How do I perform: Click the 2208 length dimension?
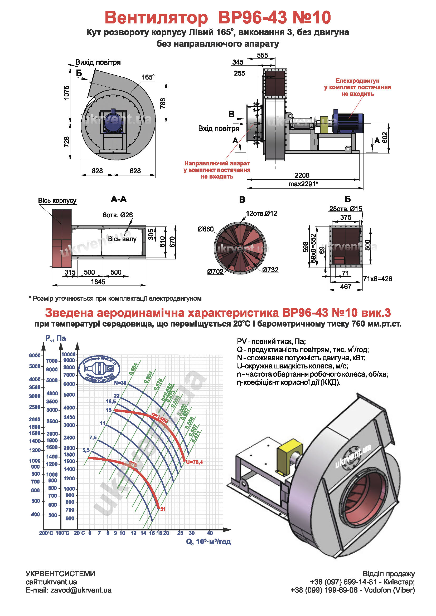pyautogui.click(x=302, y=175)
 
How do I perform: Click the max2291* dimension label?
pyautogui.click(x=303, y=184)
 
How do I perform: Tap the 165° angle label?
pyautogui.click(x=148, y=77)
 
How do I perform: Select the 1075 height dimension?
pyautogui.click(x=66, y=92)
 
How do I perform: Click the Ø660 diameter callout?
pyautogui.click(x=205, y=229)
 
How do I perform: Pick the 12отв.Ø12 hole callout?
pyautogui.click(x=261, y=213)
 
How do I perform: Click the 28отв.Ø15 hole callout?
pyautogui.click(x=346, y=209)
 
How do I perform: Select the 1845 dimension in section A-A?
pyautogui.click(x=98, y=282)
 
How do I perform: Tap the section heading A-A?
pyautogui.click(x=119, y=199)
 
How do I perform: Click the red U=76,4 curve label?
pyautogui.click(x=194, y=462)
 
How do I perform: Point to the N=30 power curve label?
pyautogui.click(x=120, y=383)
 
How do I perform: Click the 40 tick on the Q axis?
pyautogui.click(x=210, y=533)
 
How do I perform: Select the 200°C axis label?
pyautogui.click(x=46, y=533)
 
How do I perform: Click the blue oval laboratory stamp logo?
pyautogui.click(x=99, y=369)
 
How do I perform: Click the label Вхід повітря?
pyautogui.click(x=219, y=129)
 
